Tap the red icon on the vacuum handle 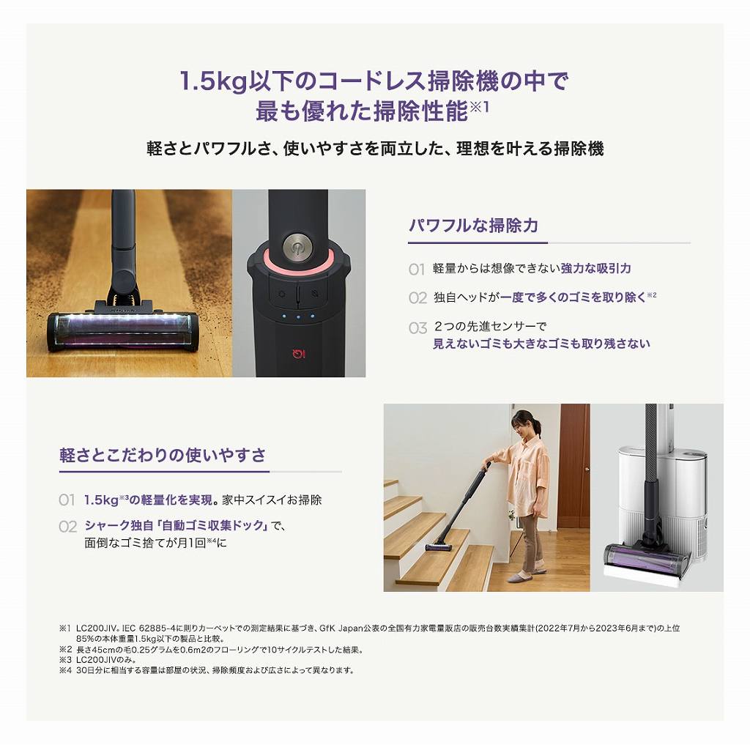[299, 354]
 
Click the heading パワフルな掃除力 [474, 226]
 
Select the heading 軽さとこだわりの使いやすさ [163, 455]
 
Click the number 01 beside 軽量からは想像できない [417, 270]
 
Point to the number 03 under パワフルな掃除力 [417, 328]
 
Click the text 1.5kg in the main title [213, 81]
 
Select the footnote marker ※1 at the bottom [64, 629]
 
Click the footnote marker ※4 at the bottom [65, 670]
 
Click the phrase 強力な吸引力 [595, 268]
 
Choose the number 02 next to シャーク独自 [67, 527]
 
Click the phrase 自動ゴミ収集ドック [213, 525]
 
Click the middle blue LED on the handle [298, 316]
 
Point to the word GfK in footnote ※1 [327, 629]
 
